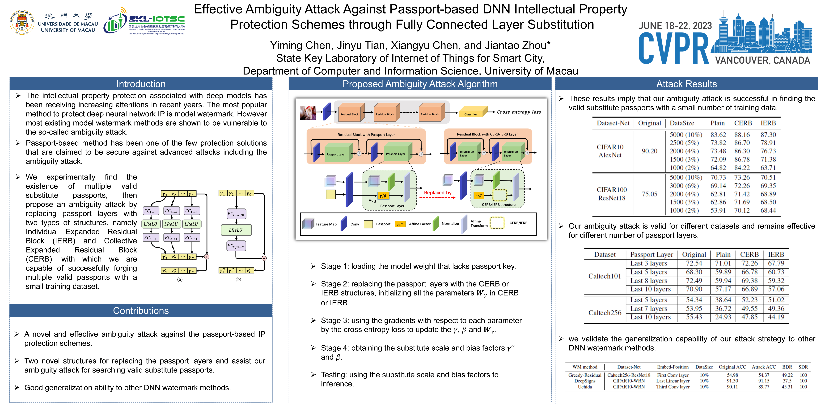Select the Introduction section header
click(x=141, y=84)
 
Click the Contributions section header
click(x=141, y=311)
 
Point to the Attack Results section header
click(x=686, y=84)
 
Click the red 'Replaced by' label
click(x=438, y=193)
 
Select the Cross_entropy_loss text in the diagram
click(x=519, y=112)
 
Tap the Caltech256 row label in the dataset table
click(x=605, y=313)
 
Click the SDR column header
click(x=803, y=367)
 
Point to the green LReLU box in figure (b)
click(x=236, y=230)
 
